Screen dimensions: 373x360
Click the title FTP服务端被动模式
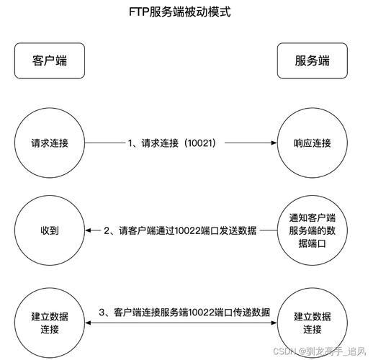[180, 12]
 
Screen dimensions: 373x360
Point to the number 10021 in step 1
[199, 143]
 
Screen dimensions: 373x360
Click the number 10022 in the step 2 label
[187, 230]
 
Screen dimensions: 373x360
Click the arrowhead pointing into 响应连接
[274, 143]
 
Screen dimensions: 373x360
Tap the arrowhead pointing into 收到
[88, 230]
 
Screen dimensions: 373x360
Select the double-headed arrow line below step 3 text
[181, 323]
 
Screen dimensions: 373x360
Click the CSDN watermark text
[320, 351]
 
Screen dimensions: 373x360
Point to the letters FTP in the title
[139, 12]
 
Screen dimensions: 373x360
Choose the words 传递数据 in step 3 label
[251, 312]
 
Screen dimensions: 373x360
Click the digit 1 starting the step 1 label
[130, 143]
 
